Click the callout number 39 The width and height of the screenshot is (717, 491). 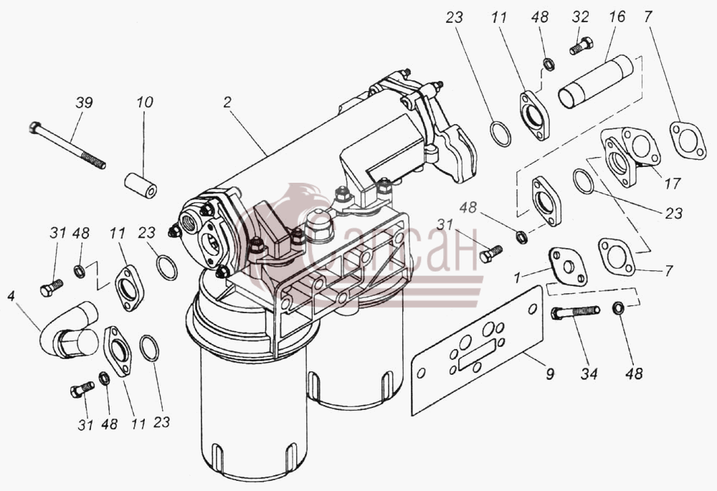tap(84, 103)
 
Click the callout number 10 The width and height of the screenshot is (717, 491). tap(144, 103)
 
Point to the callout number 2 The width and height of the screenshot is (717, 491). tap(227, 103)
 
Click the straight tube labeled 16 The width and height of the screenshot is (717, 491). tap(595, 82)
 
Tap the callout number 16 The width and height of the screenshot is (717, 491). tap(617, 17)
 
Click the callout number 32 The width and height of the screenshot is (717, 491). tap(580, 17)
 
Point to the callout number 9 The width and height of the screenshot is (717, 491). tap(550, 374)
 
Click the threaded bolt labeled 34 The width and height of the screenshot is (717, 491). tap(576, 313)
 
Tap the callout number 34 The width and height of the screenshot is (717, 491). tap(589, 374)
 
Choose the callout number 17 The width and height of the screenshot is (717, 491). tap(673, 183)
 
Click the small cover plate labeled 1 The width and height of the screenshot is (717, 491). tap(568, 266)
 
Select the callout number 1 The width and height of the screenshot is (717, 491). tap(517, 277)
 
